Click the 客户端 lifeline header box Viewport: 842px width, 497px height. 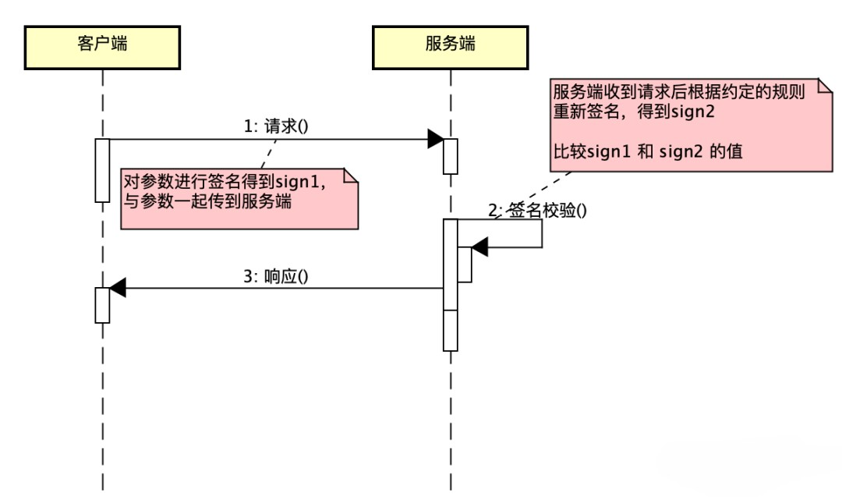point(102,46)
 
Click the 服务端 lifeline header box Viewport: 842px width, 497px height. point(450,46)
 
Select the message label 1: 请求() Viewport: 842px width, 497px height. point(277,126)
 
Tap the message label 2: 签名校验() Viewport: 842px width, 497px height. point(537,210)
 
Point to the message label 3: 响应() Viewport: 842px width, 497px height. point(277,275)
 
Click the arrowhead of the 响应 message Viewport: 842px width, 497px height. point(118,288)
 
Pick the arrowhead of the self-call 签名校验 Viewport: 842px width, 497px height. point(479,248)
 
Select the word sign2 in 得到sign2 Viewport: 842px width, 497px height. point(694,111)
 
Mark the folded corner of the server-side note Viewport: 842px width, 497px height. point(825,87)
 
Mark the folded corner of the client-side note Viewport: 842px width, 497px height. point(350,176)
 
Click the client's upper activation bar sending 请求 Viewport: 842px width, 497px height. point(102,170)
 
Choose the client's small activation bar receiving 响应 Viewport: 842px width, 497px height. point(102,304)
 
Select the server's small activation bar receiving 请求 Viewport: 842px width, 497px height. point(450,156)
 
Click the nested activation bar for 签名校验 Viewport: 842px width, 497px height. point(464,264)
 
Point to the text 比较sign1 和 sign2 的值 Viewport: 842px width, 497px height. point(647,151)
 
